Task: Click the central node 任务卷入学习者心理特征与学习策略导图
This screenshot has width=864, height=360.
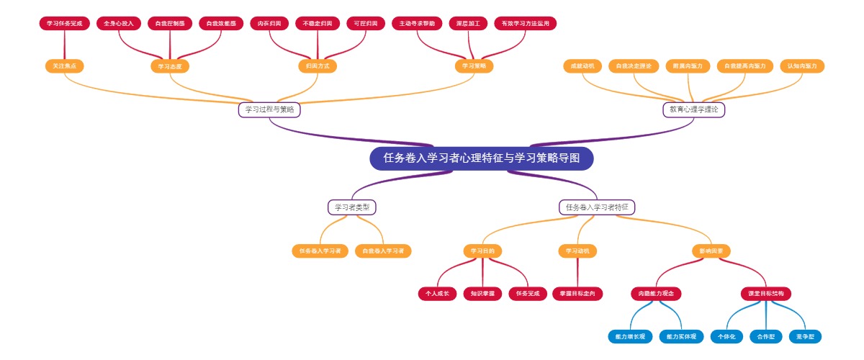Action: click(482, 158)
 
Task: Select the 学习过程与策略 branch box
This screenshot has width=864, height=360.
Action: click(269, 109)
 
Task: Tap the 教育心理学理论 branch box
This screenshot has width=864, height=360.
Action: click(693, 109)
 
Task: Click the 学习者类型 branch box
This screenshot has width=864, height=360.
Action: click(352, 207)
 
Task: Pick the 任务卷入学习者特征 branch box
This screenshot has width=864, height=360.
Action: click(597, 207)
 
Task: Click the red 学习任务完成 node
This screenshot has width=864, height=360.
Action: click(65, 24)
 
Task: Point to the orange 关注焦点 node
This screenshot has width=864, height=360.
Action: click(64, 66)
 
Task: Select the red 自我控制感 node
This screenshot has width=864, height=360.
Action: click(170, 24)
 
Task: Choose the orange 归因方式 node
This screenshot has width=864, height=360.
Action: click(318, 66)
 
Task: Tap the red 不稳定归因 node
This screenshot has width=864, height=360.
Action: click(318, 24)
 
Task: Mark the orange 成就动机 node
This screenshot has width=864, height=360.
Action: click(582, 66)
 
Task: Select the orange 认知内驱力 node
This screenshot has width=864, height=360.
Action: click(802, 66)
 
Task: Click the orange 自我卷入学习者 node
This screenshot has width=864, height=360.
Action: click(383, 251)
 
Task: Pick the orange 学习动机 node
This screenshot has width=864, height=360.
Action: click(577, 251)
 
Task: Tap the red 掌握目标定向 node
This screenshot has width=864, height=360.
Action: click(577, 294)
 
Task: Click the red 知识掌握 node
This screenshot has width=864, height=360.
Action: click(482, 294)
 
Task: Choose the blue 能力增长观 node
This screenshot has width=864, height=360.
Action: click(630, 336)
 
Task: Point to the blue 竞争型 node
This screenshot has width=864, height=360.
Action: click(805, 336)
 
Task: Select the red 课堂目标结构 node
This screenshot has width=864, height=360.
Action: click(766, 294)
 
